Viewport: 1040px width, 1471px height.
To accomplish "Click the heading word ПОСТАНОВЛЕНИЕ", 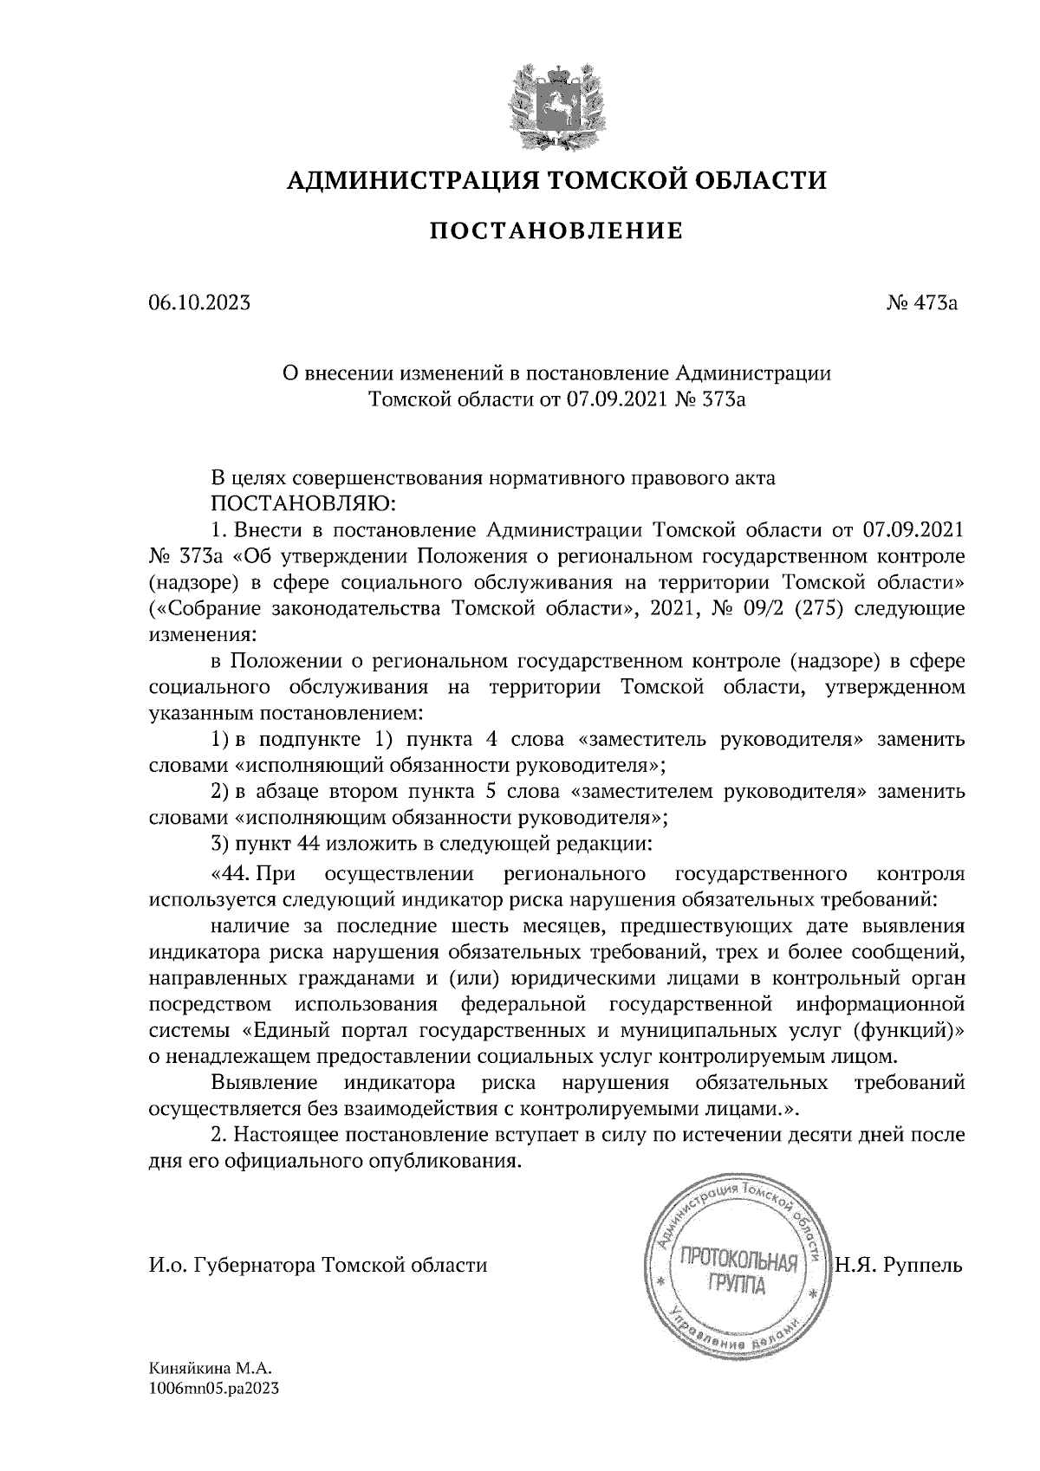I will point(556,230).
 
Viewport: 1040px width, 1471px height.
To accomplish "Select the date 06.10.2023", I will point(199,303).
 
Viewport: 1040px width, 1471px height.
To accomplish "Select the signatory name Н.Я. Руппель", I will point(899,1265).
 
